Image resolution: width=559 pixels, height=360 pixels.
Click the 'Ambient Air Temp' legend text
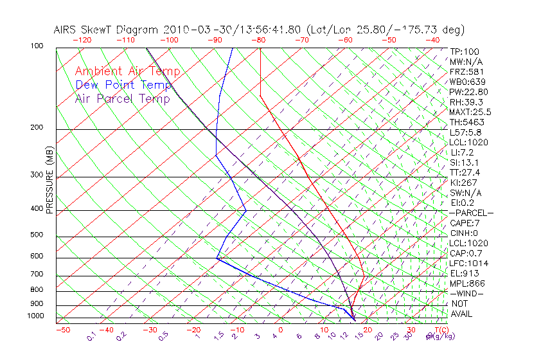click(128, 71)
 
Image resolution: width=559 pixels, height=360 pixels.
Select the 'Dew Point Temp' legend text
click(123, 85)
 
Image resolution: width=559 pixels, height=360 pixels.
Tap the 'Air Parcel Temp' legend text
click(123, 98)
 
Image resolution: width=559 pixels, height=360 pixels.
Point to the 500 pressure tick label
click(37, 235)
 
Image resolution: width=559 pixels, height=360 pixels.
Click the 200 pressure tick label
click(37, 128)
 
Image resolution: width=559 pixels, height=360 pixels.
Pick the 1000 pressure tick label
click(35, 316)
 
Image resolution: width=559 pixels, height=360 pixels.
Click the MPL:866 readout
click(466, 283)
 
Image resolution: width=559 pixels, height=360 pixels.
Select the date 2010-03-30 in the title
click(191, 30)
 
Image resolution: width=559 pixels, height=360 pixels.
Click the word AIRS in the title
click(67, 30)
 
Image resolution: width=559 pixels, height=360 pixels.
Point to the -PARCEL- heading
click(471, 213)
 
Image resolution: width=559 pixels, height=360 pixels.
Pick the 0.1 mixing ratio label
click(91, 336)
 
